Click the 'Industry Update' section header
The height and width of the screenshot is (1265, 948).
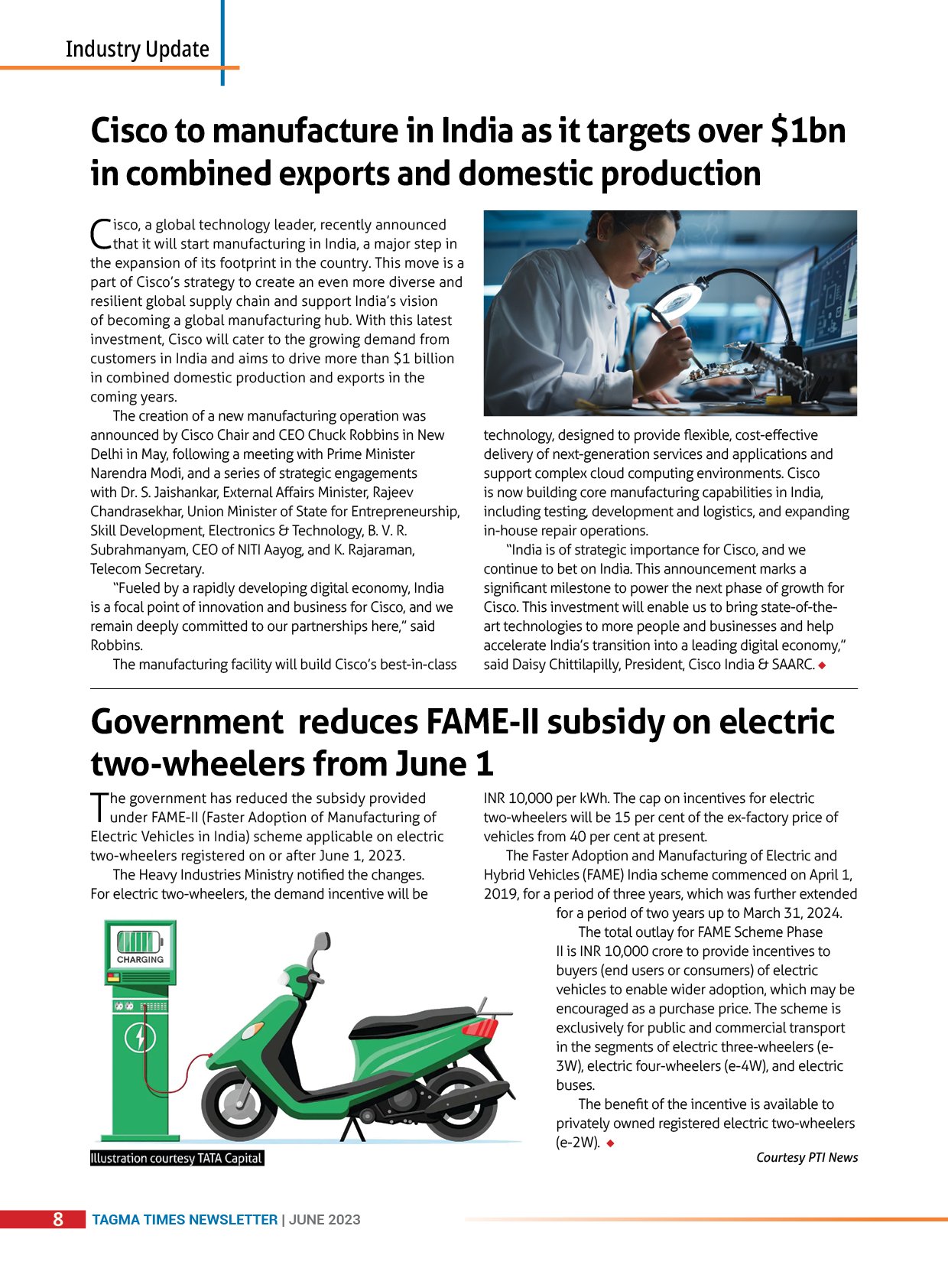point(137,49)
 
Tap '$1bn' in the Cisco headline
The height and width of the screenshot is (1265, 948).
point(807,131)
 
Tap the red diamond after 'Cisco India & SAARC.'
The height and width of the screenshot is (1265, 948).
point(822,665)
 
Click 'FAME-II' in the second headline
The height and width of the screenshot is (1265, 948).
point(481,722)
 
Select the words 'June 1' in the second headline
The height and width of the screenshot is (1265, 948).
point(444,764)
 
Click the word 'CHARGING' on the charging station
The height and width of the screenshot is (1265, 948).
point(140,959)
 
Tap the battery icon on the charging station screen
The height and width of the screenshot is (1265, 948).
point(138,941)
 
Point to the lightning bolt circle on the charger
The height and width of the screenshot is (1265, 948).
point(140,1038)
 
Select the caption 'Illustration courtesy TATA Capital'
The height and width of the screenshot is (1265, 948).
point(177,1158)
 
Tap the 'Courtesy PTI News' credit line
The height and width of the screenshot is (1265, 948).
point(807,1157)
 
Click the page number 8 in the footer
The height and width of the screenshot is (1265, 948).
point(58,1219)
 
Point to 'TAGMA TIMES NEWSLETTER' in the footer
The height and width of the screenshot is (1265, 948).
point(184,1220)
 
